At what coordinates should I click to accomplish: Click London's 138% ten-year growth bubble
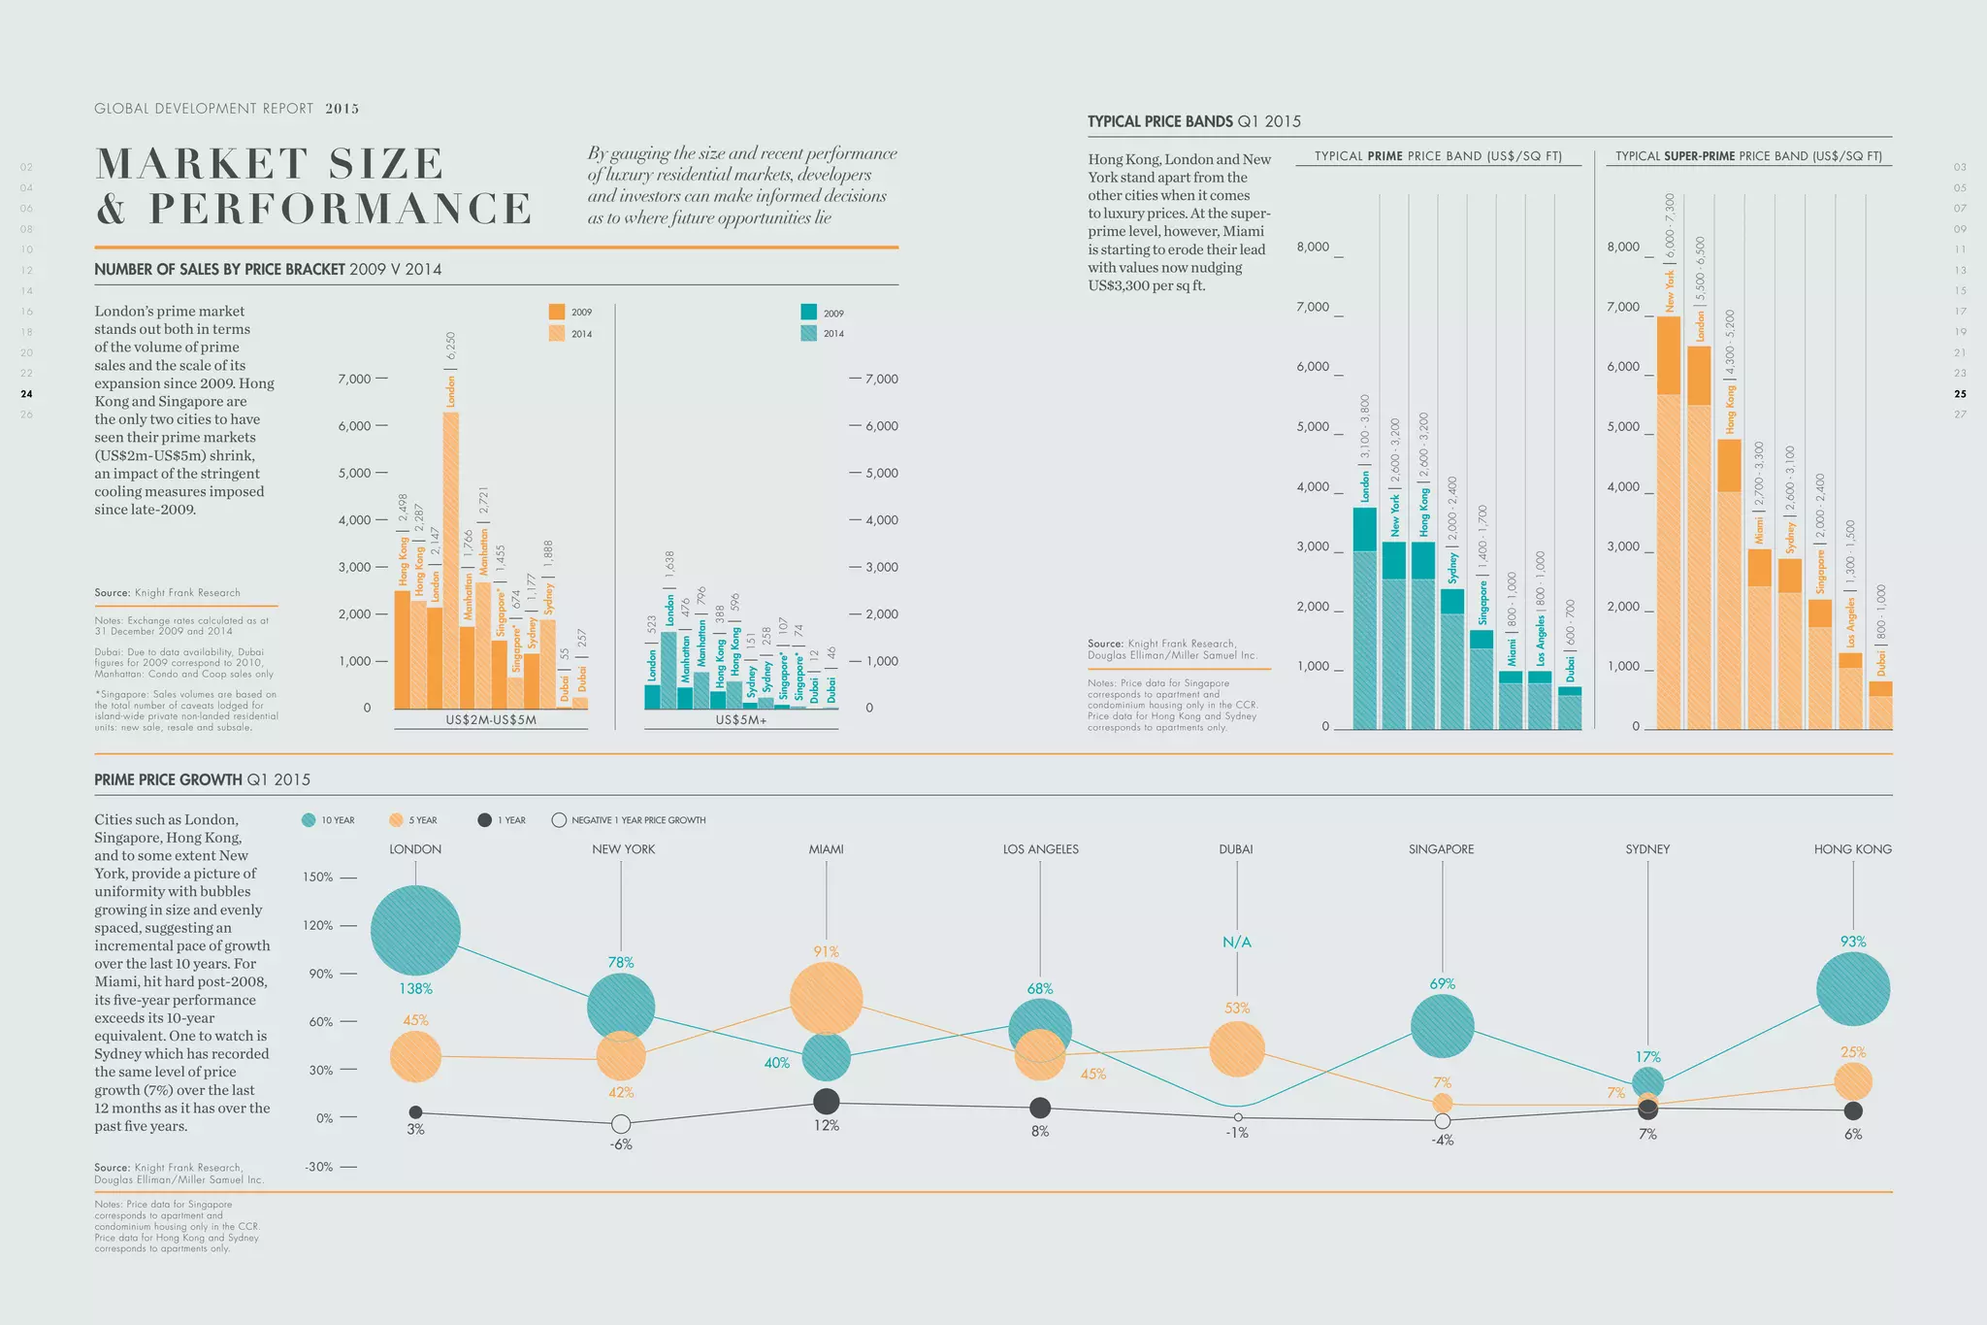point(415,930)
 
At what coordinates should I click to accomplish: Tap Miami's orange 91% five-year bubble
point(826,998)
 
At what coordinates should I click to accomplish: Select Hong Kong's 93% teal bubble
point(1852,989)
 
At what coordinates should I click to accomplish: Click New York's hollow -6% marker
point(621,1124)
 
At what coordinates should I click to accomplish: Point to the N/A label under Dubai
point(1237,942)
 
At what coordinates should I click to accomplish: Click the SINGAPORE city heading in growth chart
point(1441,849)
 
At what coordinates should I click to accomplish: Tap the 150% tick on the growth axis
point(318,877)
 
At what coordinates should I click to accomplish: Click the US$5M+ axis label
point(741,720)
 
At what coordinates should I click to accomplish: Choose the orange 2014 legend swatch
point(556,333)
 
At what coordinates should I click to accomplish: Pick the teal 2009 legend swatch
point(808,313)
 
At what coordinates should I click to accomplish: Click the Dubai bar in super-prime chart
point(1880,706)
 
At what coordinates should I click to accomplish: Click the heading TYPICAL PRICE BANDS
point(1160,121)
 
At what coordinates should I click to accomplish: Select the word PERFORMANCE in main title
point(340,209)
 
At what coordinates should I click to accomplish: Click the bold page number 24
point(26,394)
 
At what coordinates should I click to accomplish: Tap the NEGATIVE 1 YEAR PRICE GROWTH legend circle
point(559,820)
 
